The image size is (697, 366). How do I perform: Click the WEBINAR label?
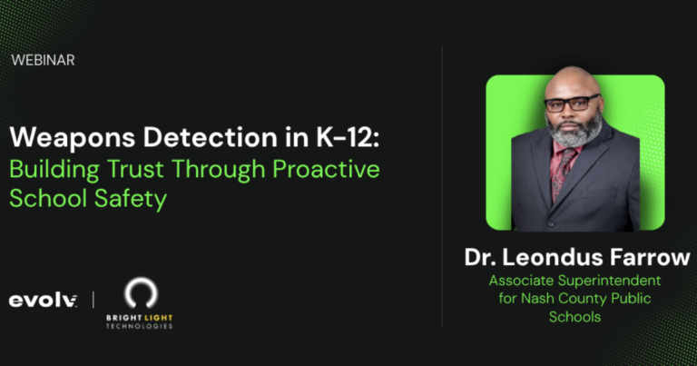(x=44, y=60)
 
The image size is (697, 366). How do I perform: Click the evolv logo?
(x=43, y=300)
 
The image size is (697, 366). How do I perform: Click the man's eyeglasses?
(x=572, y=103)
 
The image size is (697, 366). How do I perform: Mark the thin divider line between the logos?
(x=93, y=300)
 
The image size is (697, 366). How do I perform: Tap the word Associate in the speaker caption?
(x=524, y=281)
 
